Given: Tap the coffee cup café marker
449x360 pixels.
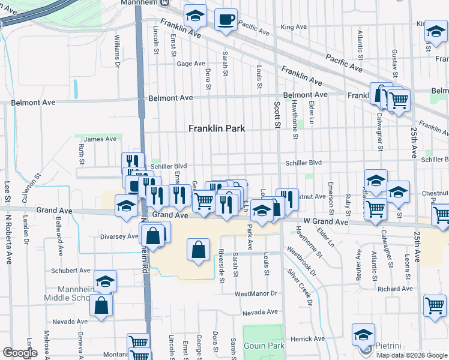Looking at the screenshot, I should coord(226,19).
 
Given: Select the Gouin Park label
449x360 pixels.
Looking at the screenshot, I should coord(264,346).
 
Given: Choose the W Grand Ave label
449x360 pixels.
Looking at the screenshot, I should coord(326,222).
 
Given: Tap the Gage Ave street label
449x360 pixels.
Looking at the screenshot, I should coord(191,64).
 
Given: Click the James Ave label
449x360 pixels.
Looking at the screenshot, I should coord(100,139).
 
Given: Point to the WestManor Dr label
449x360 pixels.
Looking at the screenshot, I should coord(256,293).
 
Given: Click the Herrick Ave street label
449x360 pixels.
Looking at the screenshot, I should coord(300,339).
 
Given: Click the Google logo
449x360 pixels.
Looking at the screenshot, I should coord(20,353).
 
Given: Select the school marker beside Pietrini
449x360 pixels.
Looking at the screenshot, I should coord(363,334).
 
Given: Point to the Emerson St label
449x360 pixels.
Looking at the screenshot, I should coord(331,196).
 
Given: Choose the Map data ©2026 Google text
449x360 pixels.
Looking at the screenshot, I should coord(411,355).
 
